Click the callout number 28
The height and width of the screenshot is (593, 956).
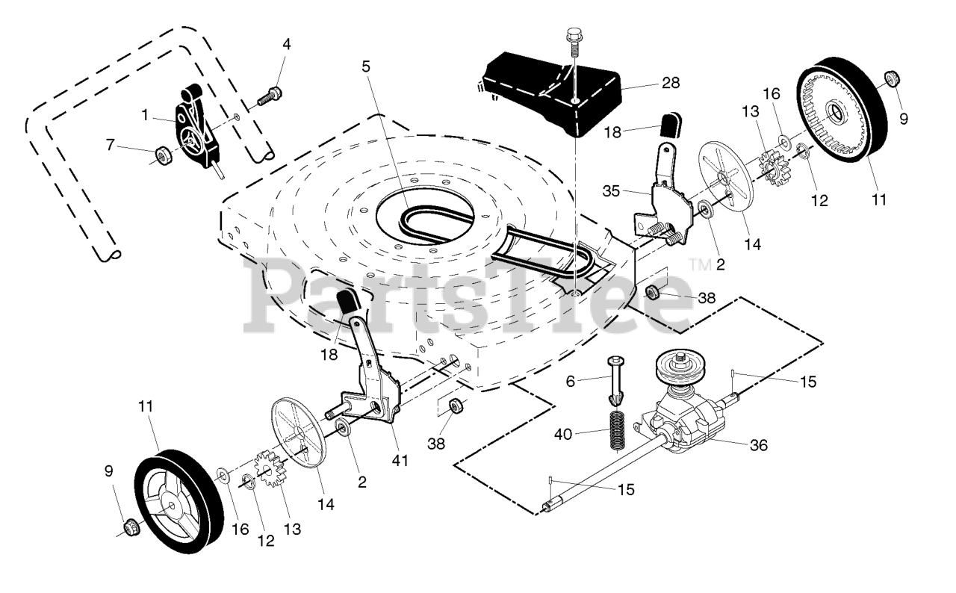coord(670,83)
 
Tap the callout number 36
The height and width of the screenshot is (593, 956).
coord(757,445)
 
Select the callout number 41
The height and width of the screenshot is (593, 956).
coord(400,461)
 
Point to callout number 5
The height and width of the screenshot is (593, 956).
coord(365,66)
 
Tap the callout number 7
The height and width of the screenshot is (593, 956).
coord(111,143)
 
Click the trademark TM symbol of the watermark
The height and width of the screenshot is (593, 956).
coord(699,264)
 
